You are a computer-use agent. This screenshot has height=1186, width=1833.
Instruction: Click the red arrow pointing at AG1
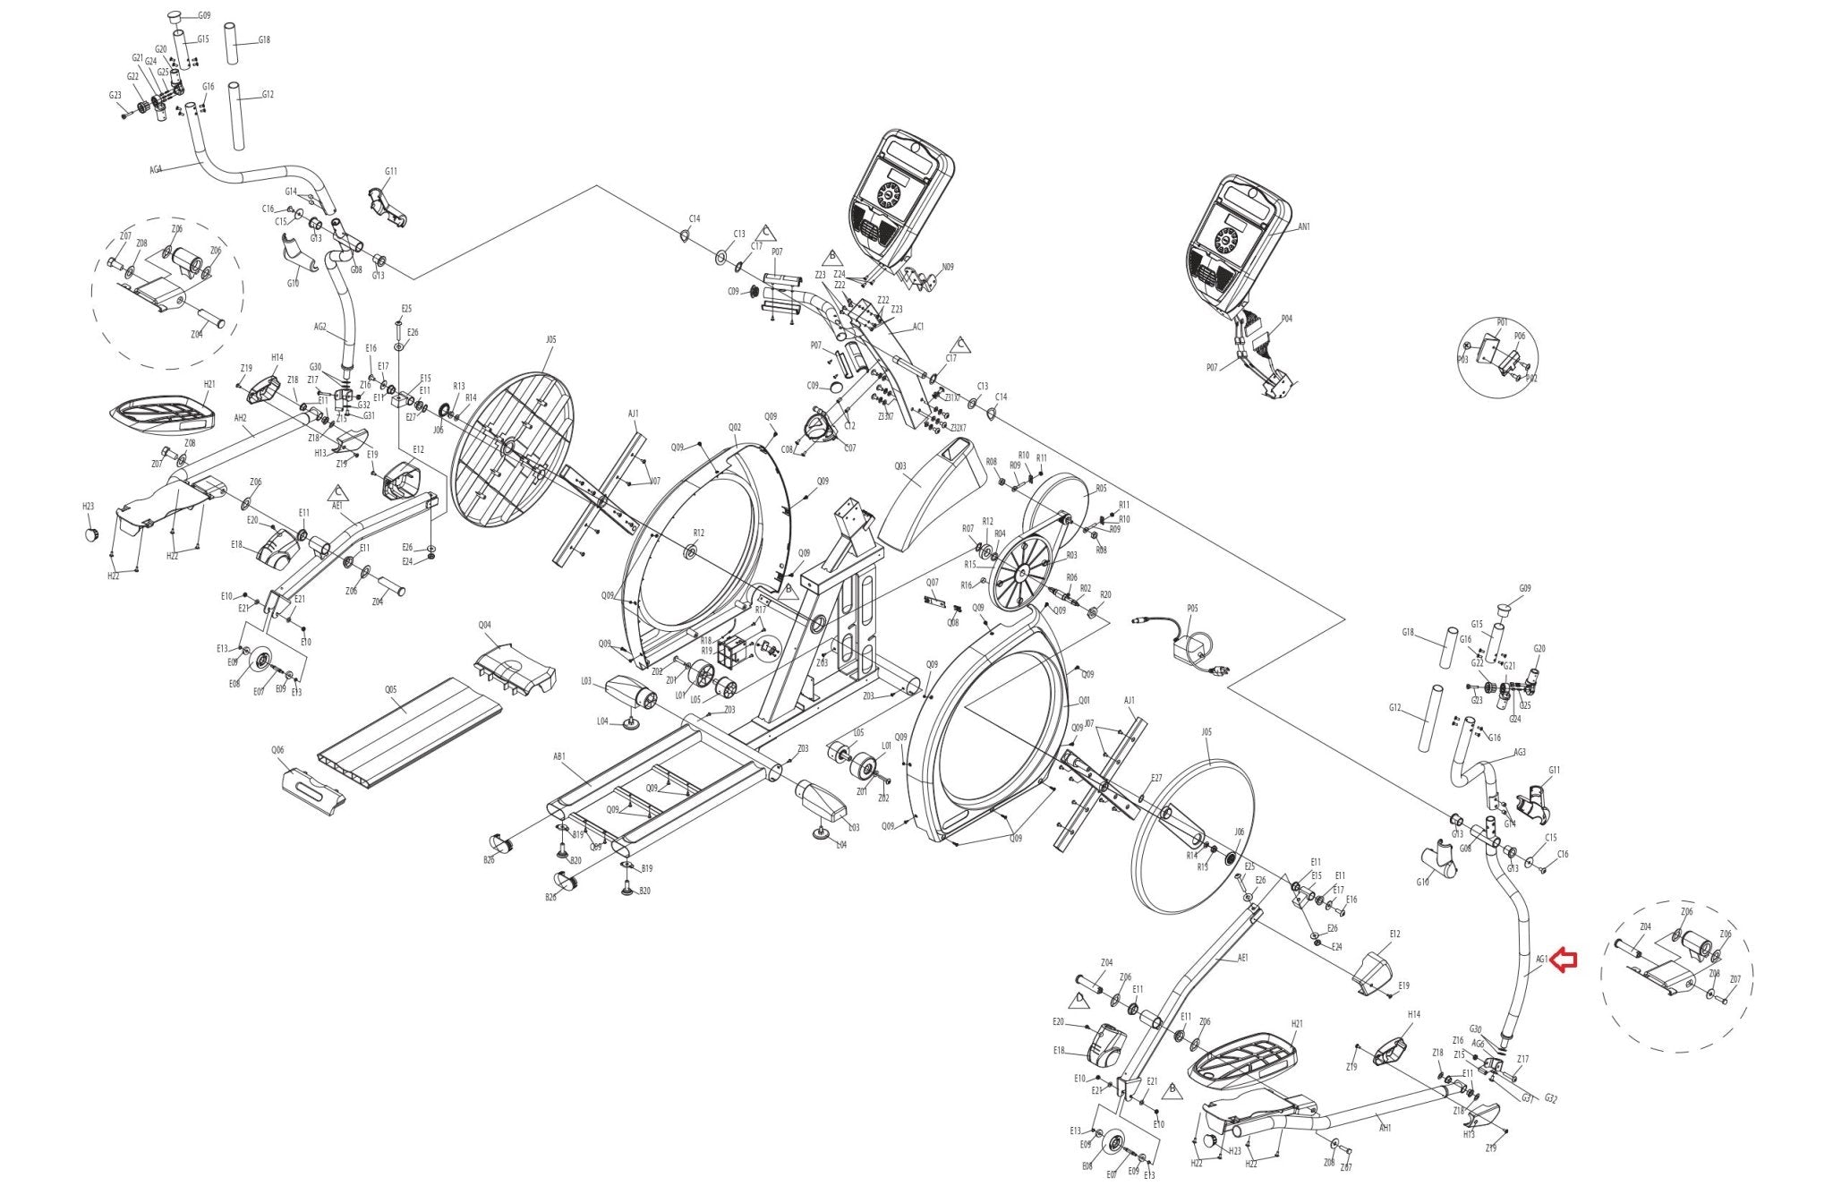click(1564, 960)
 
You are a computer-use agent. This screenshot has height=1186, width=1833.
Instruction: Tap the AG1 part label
click(1541, 960)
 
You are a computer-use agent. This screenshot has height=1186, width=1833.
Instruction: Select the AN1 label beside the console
click(1304, 227)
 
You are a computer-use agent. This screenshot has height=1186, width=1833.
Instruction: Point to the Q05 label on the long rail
click(391, 690)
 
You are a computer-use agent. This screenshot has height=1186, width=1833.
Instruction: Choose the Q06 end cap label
click(277, 750)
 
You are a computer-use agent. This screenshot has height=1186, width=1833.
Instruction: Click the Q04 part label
click(485, 625)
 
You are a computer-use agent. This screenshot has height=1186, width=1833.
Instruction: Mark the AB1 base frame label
click(559, 756)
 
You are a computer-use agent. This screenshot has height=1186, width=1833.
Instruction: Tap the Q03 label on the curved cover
click(900, 465)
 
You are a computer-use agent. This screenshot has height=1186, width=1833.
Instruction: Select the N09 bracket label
click(948, 267)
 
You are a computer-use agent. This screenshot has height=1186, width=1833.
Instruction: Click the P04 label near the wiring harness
click(1286, 319)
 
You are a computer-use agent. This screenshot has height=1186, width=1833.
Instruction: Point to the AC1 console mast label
click(918, 327)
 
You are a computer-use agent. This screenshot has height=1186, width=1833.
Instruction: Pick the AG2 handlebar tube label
click(320, 328)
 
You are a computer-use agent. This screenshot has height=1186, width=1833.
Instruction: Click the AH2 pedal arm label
click(240, 418)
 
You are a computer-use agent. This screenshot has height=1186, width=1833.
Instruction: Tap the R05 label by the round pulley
click(1101, 489)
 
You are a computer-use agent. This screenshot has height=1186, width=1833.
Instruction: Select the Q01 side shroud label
click(1085, 701)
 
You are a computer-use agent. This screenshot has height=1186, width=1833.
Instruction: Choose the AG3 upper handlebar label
click(1519, 753)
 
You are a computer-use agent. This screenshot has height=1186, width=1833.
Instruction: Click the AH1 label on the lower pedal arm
click(1385, 1128)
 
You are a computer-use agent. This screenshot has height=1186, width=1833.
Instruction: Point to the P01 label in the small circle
click(1502, 322)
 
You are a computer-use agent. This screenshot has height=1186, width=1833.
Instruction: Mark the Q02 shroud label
click(735, 428)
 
